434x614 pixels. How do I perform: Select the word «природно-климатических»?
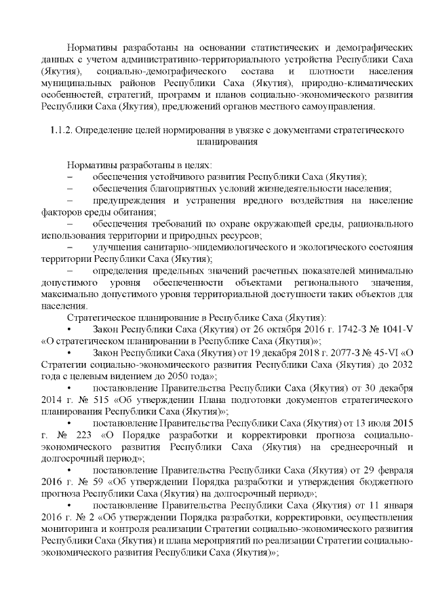pos(359,83)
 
